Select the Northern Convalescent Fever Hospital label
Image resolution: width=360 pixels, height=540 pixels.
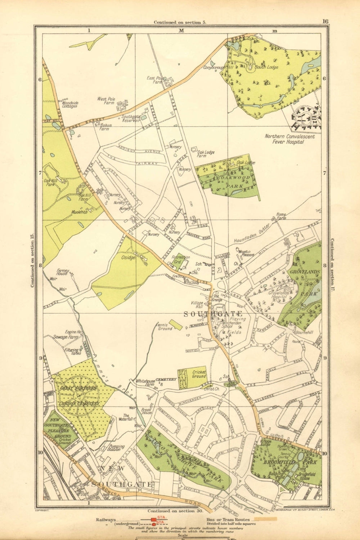[289, 139]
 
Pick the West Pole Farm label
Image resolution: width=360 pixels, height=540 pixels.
[106, 101]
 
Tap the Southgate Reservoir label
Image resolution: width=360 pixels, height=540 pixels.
[130, 119]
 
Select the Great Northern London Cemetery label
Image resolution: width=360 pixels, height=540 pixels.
[76, 396]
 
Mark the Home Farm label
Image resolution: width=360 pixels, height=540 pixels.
[281, 217]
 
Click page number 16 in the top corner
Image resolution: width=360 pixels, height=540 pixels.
[325, 21]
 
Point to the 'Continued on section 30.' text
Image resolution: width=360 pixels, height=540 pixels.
[175, 510]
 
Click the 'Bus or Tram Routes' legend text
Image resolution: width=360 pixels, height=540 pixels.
[229, 520]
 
